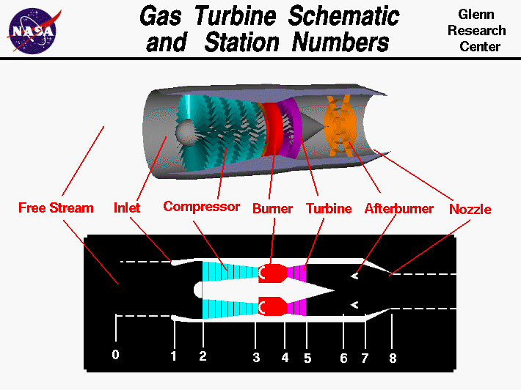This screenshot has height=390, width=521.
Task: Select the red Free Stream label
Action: click(x=56, y=207)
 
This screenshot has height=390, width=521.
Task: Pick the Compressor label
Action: click(x=201, y=207)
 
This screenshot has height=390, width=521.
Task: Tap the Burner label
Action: click(x=272, y=208)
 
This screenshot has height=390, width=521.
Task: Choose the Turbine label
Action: click(x=328, y=208)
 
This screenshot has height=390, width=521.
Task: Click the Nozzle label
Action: click(x=470, y=209)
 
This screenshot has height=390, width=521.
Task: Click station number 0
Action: click(x=115, y=355)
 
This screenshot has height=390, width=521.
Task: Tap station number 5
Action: click(x=307, y=358)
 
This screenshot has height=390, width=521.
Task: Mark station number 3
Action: click(x=256, y=358)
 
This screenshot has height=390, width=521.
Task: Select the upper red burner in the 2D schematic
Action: click(x=274, y=273)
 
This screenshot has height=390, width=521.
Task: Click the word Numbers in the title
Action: click(x=340, y=43)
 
